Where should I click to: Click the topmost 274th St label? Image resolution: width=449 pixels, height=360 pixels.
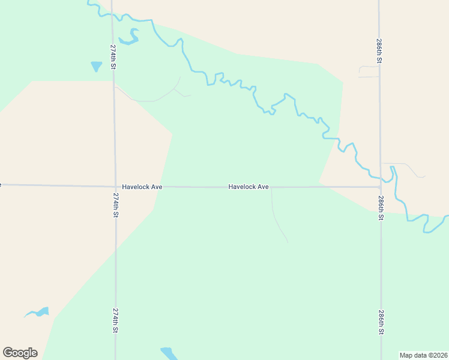click(113, 56)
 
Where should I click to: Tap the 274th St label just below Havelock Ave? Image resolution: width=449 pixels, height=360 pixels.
click(115, 204)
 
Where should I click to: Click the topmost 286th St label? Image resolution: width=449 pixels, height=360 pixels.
click(379, 52)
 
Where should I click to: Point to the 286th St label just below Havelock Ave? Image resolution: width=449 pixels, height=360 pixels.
click(381, 208)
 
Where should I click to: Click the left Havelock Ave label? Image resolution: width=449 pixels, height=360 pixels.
click(142, 187)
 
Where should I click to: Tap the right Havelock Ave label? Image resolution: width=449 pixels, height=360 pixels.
click(248, 187)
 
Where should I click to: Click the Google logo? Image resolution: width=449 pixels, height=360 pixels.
click(20, 353)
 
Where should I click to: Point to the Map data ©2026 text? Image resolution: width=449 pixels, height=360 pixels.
click(423, 355)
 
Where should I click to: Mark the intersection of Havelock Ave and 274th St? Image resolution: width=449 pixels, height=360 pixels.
click(115, 186)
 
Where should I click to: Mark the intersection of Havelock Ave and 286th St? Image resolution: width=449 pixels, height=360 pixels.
click(380, 187)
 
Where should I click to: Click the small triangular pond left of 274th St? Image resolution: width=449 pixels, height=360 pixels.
click(96, 66)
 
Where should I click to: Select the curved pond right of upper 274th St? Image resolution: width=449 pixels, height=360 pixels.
click(130, 38)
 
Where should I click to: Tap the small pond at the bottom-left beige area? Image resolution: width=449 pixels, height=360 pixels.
click(38, 313)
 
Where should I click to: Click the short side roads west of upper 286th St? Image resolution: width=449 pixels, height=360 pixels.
click(369, 71)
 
